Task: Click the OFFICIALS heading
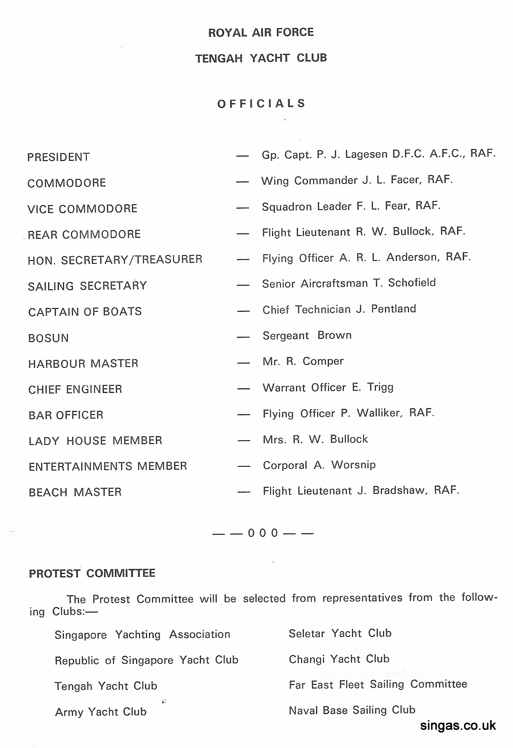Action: pyautogui.click(x=261, y=103)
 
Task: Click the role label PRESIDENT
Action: pyautogui.click(x=58, y=157)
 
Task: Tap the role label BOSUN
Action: pyautogui.click(x=48, y=338)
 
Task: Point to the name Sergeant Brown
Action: pyautogui.click(x=307, y=335)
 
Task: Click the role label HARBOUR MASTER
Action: pyautogui.click(x=83, y=364)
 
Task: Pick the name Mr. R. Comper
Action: pyautogui.click(x=303, y=362)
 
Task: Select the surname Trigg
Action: pyautogui.click(x=380, y=388)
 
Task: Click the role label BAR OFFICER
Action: pyautogui.click(x=66, y=415)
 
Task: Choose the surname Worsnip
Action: pyautogui.click(x=353, y=465)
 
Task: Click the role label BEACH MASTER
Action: pyautogui.click(x=75, y=492)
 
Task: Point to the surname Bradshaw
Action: pyautogui.click(x=400, y=490)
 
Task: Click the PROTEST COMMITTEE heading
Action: pyautogui.click(x=92, y=574)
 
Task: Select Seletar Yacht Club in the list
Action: pyautogui.click(x=340, y=633)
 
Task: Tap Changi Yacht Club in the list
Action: pyautogui.click(x=339, y=659)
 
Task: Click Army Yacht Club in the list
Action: pyautogui.click(x=101, y=712)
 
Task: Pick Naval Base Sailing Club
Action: pyautogui.click(x=352, y=710)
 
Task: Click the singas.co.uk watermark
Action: pyautogui.click(x=458, y=726)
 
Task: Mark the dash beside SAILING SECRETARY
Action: pyautogui.click(x=243, y=285)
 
